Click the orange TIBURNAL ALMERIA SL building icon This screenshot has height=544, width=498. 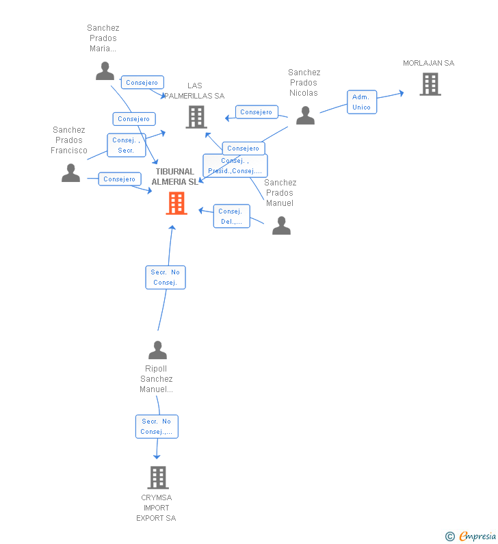pos(176,203)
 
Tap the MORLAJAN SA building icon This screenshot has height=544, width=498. pos(430,84)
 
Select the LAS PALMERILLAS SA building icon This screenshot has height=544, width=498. pos(196,117)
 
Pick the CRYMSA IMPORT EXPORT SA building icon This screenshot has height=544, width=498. pos(158,478)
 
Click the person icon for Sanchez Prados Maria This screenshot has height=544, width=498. pos(105,71)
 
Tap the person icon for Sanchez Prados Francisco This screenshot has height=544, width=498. pos(70,172)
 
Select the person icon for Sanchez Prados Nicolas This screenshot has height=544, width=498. pos(306,116)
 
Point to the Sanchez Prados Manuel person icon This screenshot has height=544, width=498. pos(282,226)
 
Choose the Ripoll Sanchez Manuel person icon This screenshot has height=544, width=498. pos(158,350)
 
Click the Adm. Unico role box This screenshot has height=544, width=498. pos(362,102)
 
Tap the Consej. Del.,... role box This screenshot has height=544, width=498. pos(232,216)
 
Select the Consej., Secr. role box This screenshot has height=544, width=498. pos(127,145)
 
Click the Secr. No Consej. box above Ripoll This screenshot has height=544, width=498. pos(166,277)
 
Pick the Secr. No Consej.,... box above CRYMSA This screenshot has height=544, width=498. pos(157,426)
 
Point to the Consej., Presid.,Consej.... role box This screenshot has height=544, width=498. pos(235,166)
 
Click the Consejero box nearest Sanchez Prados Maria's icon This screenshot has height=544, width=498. pos(142,83)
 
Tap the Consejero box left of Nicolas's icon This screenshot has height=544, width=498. pos(257,112)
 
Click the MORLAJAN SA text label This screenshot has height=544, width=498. pos(429,63)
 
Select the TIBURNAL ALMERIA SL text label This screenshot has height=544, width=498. pos(175,177)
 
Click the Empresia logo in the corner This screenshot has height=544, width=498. pos(471,536)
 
